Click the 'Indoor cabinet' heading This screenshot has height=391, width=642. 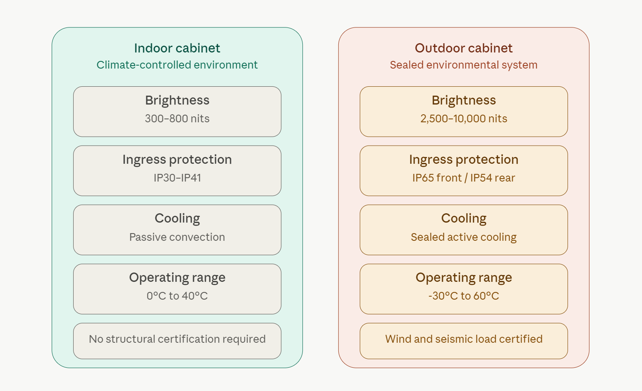(x=177, y=48)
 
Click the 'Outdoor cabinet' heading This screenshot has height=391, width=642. (x=464, y=48)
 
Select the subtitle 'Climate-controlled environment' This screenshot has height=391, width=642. (x=177, y=65)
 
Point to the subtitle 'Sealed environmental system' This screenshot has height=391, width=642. (x=464, y=65)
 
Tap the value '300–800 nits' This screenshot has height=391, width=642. (x=177, y=118)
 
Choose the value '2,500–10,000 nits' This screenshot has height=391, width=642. (x=464, y=118)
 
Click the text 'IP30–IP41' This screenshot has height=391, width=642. (x=177, y=178)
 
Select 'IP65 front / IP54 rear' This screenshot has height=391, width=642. (x=464, y=178)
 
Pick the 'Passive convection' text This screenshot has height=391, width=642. (x=177, y=237)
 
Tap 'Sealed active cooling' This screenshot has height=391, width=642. (x=464, y=237)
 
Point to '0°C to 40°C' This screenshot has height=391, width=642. (x=177, y=296)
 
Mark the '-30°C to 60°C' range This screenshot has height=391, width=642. (x=464, y=296)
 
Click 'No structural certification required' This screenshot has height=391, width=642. (x=177, y=339)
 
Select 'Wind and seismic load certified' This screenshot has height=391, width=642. (x=464, y=339)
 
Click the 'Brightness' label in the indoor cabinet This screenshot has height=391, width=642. (x=177, y=100)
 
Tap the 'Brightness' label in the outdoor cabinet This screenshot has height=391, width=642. (x=464, y=100)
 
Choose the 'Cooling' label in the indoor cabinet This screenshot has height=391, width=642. (x=177, y=219)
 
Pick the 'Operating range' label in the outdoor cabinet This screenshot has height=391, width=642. (x=464, y=278)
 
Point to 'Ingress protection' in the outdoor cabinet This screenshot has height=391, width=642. (x=464, y=160)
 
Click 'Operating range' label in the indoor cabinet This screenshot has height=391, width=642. (x=177, y=278)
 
